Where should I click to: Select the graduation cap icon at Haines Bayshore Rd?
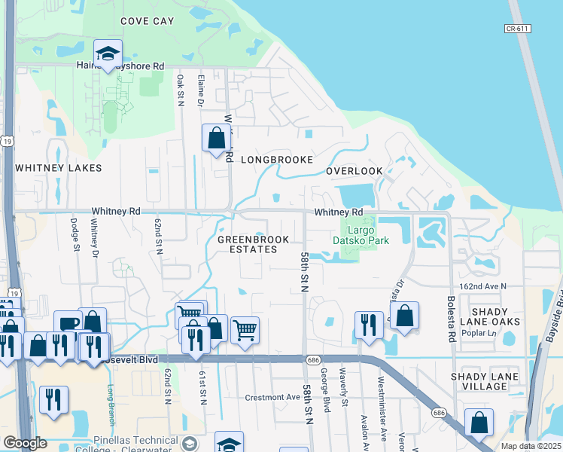[x=108, y=54]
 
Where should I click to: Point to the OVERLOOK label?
[x=355, y=171]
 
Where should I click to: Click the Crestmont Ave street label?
[x=272, y=397]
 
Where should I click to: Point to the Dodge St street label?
[x=75, y=231]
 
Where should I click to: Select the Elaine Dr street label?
[x=201, y=89]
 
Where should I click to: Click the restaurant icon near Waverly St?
[x=369, y=325]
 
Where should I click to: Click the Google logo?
[x=25, y=443]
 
